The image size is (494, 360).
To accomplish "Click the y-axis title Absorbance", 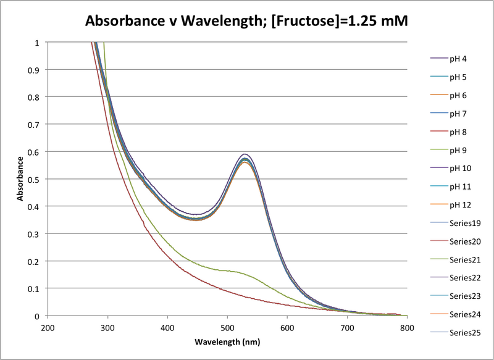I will tap(20, 179).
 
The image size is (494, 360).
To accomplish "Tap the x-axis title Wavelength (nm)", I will tap(227, 341).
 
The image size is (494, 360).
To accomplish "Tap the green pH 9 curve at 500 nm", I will tap(227, 270).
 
